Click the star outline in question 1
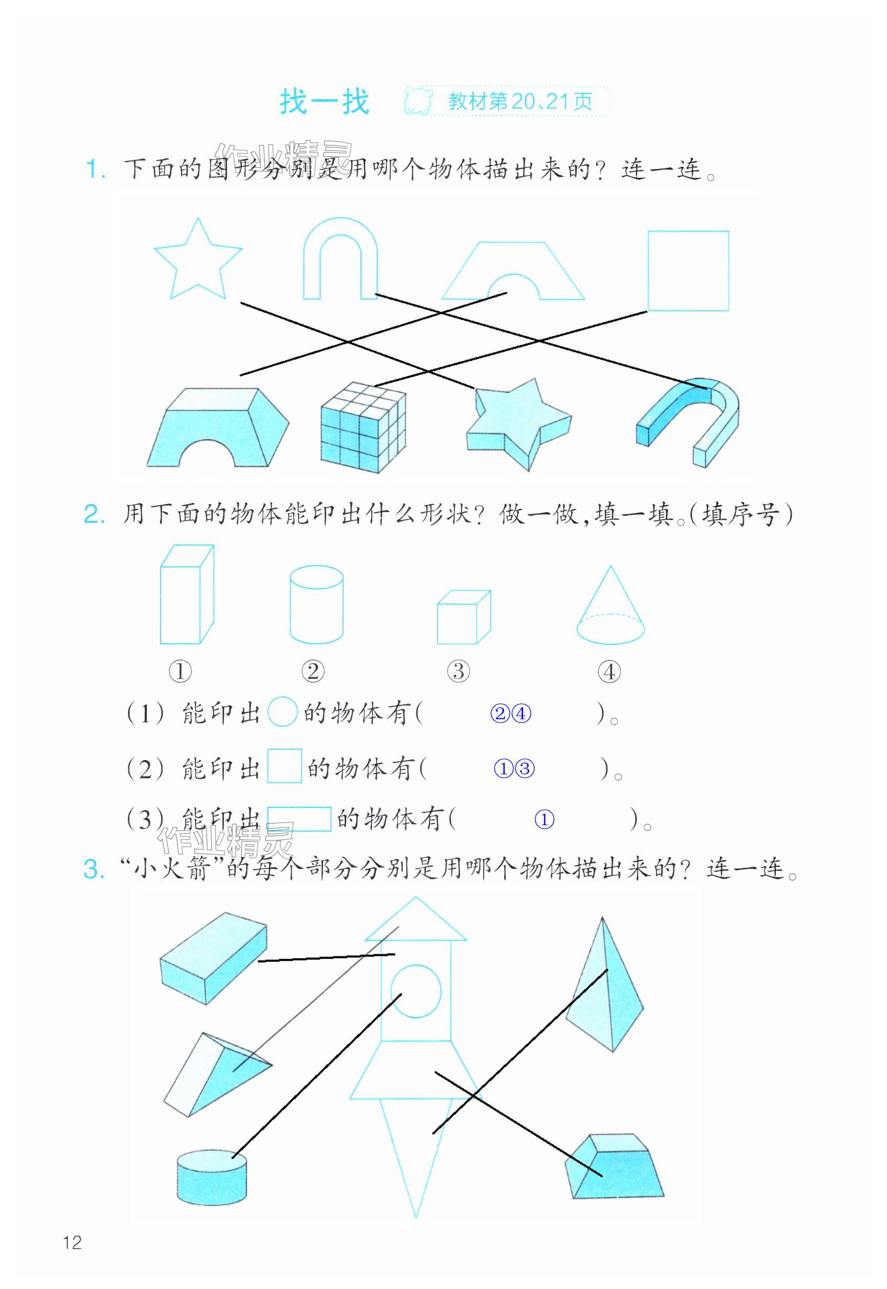click(x=197, y=261)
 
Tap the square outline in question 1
click(x=688, y=271)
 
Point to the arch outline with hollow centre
click(x=340, y=259)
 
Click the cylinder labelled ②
click(x=316, y=604)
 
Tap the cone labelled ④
click(x=610, y=609)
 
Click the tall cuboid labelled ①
click(x=186, y=595)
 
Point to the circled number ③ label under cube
click(x=458, y=671)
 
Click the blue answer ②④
click(x=510, y=713)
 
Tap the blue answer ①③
click(x=514, y=769)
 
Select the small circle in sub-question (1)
click(x=282, y=712)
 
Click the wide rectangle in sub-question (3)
click(x=299, y=819)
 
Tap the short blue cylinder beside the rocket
click(x=212, y=1177)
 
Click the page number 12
click(x=72, y=1242)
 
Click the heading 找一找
click(x=324, y=102)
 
